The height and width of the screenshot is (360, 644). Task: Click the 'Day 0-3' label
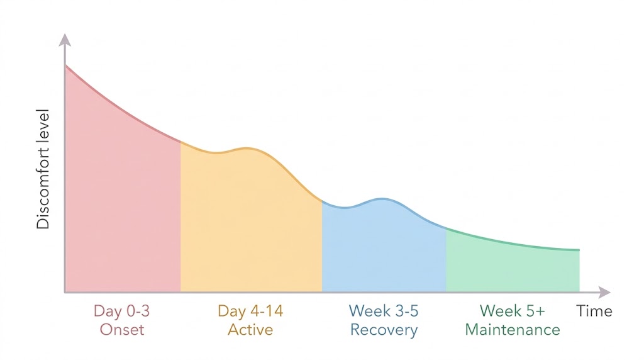(121, 311)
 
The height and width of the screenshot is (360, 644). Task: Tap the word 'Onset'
(122, 330)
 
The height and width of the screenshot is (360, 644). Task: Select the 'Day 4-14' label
(250, 311)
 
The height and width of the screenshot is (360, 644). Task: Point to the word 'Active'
(250, 330)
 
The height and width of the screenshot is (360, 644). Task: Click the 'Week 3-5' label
(384, 311)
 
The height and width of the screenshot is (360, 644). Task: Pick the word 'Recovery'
(384, 330)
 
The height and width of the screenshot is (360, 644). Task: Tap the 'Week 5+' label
(512, 311)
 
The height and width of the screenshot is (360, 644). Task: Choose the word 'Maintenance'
(513, 330)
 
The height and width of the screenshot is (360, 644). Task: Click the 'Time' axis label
(594, 311)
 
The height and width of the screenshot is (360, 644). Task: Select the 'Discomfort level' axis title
(43, 169)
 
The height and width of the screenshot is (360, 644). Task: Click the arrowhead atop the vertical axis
(65, 40)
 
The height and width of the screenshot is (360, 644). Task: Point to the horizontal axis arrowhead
(604, 292)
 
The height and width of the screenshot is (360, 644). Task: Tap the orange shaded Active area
(251, 222)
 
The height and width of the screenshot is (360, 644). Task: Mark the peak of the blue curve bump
(382, 200)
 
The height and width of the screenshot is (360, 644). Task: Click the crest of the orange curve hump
(247, 149)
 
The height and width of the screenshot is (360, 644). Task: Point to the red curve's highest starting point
(65, 65)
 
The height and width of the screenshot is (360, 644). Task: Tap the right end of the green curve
(579, 250)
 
